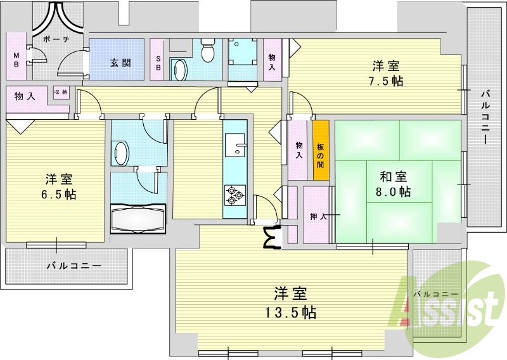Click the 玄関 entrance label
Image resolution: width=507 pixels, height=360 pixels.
[x=120, y=63]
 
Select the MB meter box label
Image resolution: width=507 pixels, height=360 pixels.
[x=16, y=62]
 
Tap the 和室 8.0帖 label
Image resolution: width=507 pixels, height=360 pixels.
[x=395, y=184]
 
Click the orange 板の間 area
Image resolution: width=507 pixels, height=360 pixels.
[x=321, y=150]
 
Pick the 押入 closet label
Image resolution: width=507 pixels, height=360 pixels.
[x=318, y=217]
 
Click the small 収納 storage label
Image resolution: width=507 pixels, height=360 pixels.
[x=61, y=92]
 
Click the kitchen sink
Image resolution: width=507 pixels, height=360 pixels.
[x=237, y=145]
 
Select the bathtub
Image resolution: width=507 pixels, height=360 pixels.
[x=138, y=219]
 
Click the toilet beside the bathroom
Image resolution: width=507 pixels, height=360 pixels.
[x=120, y=151]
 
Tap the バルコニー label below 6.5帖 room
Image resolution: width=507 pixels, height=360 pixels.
[x=74, y=266]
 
